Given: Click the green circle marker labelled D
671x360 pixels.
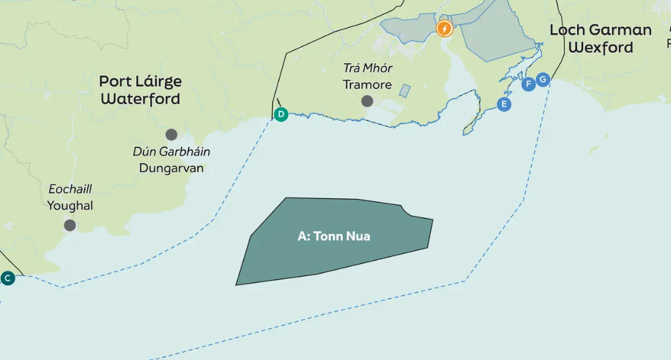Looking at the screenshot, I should pyautogui.click(x=281, y=114).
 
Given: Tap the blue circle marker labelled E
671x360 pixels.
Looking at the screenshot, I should pyautogui.click(x=503, y=104).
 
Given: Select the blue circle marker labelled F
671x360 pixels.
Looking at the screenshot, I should pyautogui.click(x=529, y=84).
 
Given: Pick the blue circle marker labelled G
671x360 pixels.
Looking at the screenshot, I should pyautogui.click(x=542, y=80).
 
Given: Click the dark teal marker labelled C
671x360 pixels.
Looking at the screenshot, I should pyautogui.click(x=7, y=278).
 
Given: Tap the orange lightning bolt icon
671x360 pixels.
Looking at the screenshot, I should pyautogui.click(x=444, y=28).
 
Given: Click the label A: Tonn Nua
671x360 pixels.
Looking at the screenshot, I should pyautogui.click(x=333, y=236).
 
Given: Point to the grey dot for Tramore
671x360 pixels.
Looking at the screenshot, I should pyautogui.click(x=367, y=101).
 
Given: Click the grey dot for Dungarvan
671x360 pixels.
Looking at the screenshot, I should pyautogui.click(x=171, y=135).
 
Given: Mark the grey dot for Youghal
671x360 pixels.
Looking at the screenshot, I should pyautogui.click(x=70, y=225).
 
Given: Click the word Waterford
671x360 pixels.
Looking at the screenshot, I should pyautogui.click(x=141, y=99).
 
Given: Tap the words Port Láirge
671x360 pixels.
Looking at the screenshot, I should pyautogui.click(x=141, y=81).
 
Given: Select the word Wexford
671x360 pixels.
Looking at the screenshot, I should pyautogui.click(x=601, y=47).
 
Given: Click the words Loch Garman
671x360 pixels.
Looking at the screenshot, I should pyautogui.click(x=601, y=30).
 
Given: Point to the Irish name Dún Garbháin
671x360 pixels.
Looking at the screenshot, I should pyautogui.click(x=171, y=152).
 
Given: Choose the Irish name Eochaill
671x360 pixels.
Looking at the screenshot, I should pyautogui.click(x=70, y=189).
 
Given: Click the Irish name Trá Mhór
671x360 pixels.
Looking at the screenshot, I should pyautogui.click(x=367, y=68).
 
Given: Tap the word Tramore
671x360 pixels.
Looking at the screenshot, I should pyautogui.click(x=367, y=85).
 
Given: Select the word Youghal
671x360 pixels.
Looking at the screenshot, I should pyautogui.click(x=70, y=206).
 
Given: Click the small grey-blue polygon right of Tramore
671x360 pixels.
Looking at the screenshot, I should pyautogui.click(x=404, y=91).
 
